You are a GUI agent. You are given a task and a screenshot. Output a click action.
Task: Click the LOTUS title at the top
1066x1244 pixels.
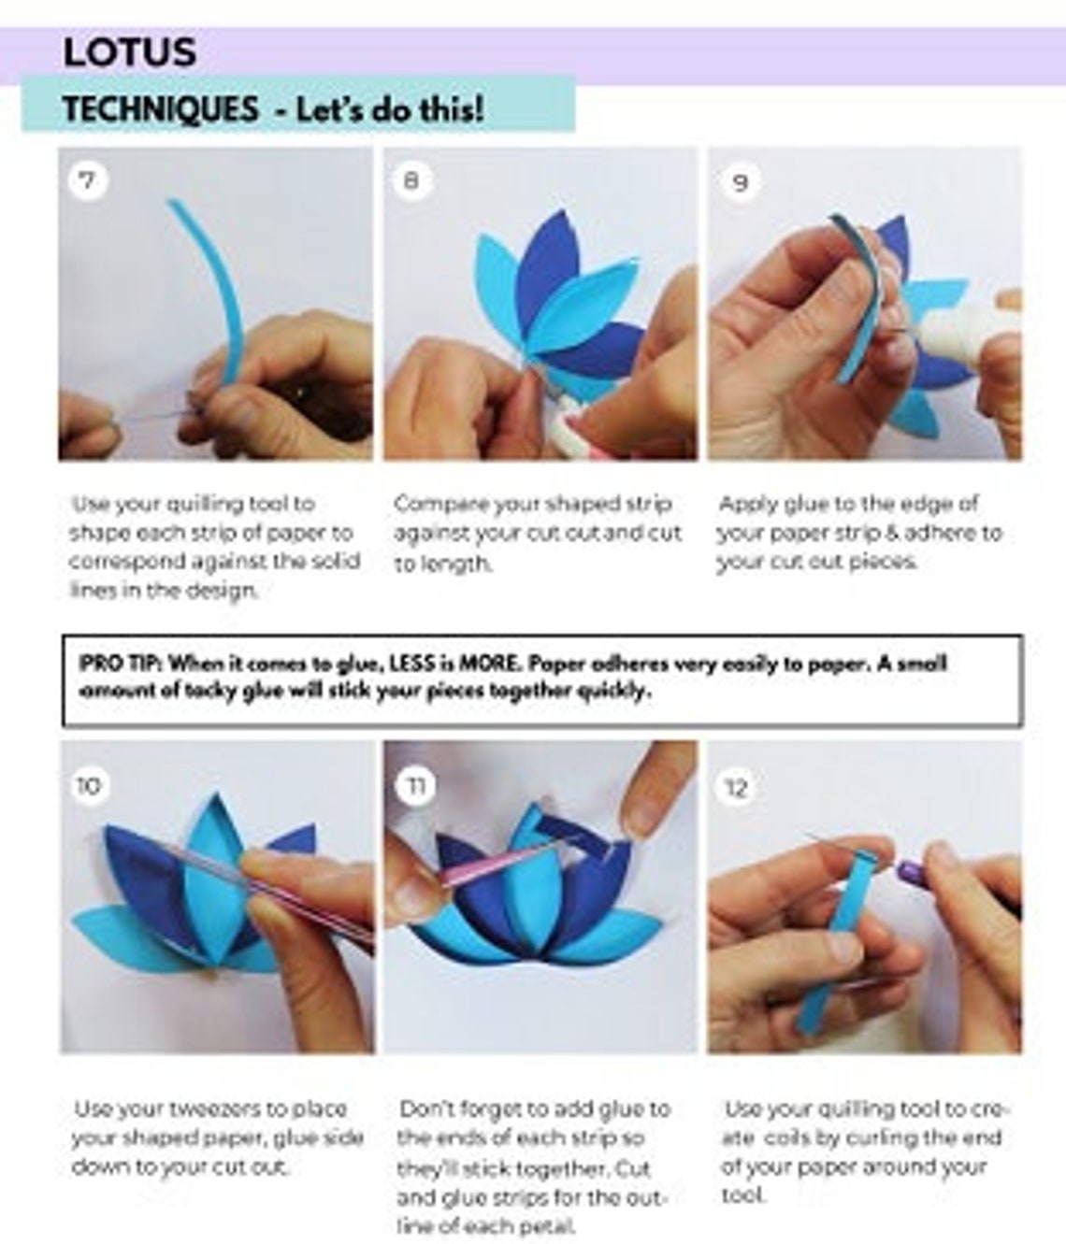(129, 51)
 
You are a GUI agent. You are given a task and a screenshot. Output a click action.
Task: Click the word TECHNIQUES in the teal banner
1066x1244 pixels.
(160, 109)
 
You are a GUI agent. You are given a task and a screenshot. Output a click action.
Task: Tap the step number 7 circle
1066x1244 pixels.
(87, 179)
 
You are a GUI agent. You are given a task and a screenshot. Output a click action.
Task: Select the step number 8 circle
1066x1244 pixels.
(411, 179)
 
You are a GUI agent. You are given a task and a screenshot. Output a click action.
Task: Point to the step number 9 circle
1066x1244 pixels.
(739, 181)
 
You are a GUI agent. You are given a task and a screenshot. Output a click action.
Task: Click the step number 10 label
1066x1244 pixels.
(87, 785)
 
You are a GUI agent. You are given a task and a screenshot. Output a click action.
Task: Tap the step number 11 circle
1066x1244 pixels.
(415, 785)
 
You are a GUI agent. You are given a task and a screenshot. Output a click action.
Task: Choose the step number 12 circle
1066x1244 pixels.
(737, 788)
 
